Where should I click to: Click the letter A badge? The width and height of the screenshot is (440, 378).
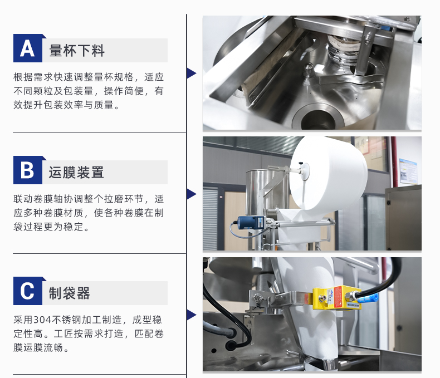pos(27,49)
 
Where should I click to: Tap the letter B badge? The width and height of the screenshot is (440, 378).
pos(27,171)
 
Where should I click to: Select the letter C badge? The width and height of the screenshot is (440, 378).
pos(27,292)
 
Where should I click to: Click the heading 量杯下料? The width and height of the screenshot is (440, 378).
pos(77,51)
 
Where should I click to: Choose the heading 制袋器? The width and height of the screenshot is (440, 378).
pos(69,293)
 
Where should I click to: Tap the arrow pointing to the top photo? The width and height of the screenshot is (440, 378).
pos(191,73)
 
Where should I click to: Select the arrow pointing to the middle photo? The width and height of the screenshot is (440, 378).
pos(191,194)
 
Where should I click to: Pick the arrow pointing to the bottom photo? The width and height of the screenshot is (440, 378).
pos(191,315)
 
